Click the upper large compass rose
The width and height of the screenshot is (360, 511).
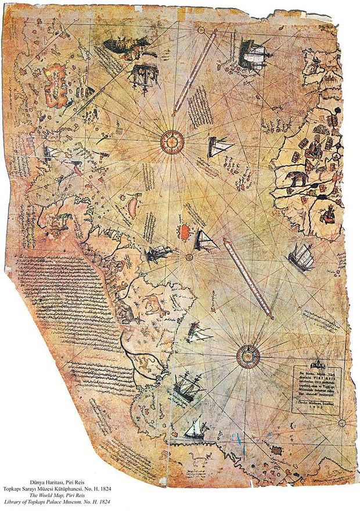pyautogui.click(x=172, y=139)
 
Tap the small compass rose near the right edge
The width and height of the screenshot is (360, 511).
pyautogui.click(x=341, y=422)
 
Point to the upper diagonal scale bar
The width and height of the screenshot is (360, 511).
pyautogui.click(x=195, y=71)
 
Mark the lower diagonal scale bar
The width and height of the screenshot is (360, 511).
pyautogui.click(x=248, y=279)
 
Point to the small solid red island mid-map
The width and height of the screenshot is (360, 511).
pyautogui.click(x=184, y=231)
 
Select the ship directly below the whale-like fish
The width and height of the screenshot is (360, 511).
pyautogui.click(x=143, y=75)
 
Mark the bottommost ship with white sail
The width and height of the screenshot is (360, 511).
pyautogui.click(x=196, y=429)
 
